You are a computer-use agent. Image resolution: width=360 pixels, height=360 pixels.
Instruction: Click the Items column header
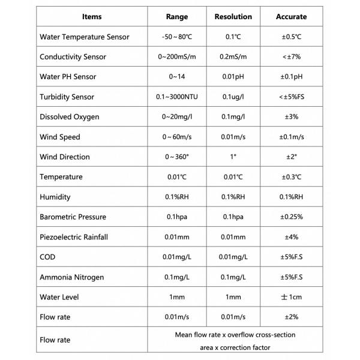point(92,17)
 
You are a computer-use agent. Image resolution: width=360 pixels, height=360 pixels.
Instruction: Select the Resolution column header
point(233,17)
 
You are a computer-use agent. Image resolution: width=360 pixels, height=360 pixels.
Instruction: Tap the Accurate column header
point(292,17)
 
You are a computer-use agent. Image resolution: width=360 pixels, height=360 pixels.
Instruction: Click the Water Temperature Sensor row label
point(84,37)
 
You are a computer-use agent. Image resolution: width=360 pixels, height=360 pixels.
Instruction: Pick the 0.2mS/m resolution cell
point(233,57)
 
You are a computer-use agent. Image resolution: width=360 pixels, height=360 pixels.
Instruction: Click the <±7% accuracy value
point(292,57)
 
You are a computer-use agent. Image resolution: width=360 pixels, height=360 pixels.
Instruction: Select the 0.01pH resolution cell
point(233,77)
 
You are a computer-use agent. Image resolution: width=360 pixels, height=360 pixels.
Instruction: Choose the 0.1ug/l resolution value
point(233,97)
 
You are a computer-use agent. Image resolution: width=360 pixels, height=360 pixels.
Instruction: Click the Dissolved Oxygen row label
point(69,117)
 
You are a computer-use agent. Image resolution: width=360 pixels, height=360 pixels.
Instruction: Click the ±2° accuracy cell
point(292,157)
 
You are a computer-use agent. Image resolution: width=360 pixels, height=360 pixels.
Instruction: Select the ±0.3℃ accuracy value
point(292,177)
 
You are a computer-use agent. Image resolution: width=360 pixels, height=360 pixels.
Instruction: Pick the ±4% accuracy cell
point(292,237)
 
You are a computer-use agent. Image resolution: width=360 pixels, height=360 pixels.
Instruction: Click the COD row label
point(47,257)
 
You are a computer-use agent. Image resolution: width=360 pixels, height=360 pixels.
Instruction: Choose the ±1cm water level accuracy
point(292,297)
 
